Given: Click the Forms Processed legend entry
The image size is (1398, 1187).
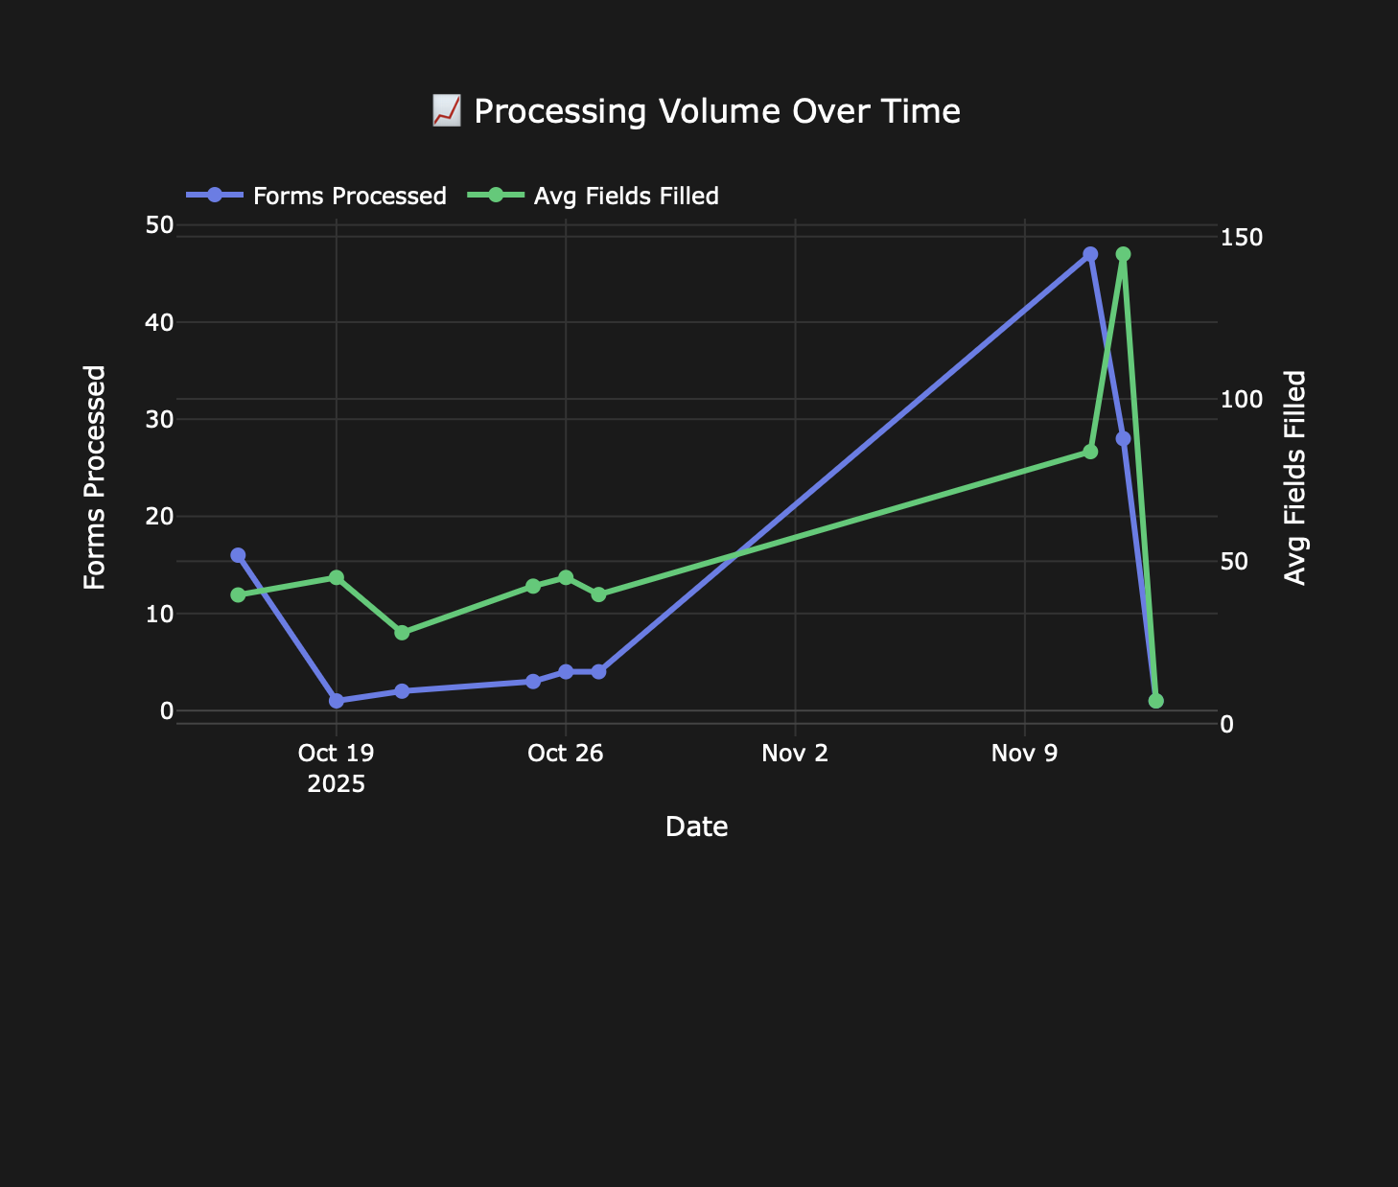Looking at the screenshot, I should pos(349,197).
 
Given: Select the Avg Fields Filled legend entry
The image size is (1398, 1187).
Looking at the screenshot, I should pos(625,197).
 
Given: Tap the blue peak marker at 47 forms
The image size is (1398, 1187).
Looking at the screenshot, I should pos(1090,254).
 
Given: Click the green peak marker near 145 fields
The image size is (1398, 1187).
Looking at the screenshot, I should pos(1123,254).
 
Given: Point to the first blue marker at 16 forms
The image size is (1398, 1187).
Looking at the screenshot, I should pos(238,555).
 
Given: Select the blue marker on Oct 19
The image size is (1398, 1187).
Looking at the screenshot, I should pos(337,701).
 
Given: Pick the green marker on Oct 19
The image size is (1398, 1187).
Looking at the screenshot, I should pos(337,577).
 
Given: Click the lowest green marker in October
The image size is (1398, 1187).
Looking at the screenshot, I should pos(402,633).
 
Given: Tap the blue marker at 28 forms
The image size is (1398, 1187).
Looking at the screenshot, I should pos(1123,438).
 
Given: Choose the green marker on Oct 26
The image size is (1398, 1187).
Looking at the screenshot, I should pos(566,577).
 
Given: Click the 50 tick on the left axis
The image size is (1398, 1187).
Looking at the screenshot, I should pos(159,225).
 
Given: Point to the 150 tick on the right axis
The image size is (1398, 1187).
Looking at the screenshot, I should pos(1240,237).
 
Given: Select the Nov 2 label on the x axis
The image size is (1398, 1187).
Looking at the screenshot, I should pos(795,754).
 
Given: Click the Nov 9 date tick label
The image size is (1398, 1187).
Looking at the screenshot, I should pos(1024,754).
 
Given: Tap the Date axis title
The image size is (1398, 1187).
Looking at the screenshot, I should pos(696,826).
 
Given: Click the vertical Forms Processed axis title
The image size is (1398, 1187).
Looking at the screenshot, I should pos(94,477).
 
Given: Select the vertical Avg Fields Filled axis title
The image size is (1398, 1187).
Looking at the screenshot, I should pos(1295,477).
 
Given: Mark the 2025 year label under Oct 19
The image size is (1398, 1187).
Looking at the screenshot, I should pos(336,784).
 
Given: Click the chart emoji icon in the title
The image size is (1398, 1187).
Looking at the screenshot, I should pos(446,111).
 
